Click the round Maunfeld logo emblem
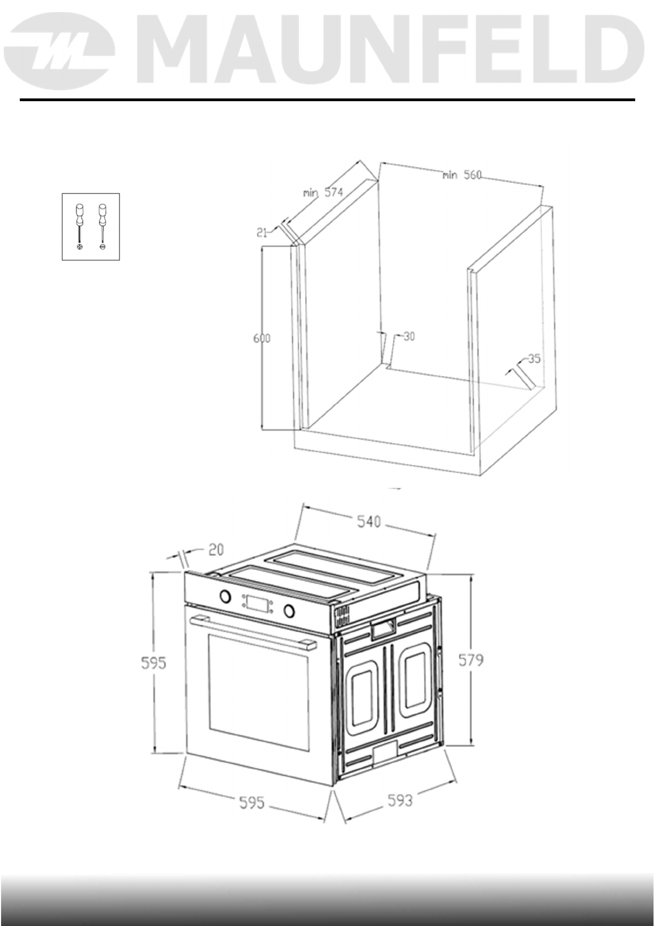62,53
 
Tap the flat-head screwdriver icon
102,226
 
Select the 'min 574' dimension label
323,192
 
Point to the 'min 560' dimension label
462,175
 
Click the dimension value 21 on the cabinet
262,233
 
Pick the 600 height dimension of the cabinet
262,338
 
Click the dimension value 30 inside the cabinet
409,336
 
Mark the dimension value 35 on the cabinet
534,359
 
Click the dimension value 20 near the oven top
216,549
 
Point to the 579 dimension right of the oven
471,659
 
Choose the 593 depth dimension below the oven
400,800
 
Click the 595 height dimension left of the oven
153,663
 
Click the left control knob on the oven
224,596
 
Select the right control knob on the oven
289,610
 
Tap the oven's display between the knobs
257,603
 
